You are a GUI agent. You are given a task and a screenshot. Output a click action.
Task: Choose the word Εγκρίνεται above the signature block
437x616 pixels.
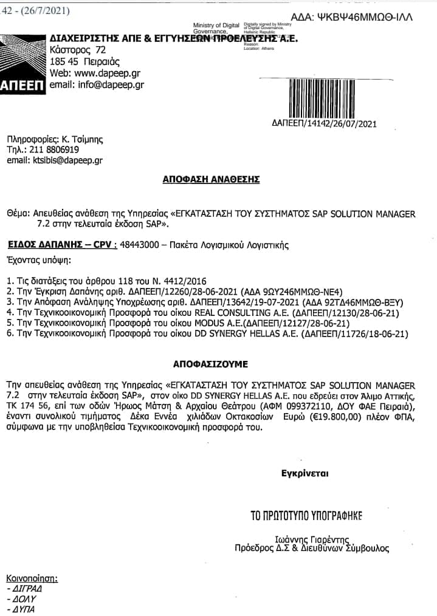click(301, 473)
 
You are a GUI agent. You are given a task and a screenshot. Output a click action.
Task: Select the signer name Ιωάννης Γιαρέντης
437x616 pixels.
click(306, 538)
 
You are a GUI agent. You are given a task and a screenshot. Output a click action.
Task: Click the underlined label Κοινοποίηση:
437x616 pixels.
click(32, 577)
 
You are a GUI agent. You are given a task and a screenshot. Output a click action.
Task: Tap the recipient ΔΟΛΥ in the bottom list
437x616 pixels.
click(20, 599)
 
